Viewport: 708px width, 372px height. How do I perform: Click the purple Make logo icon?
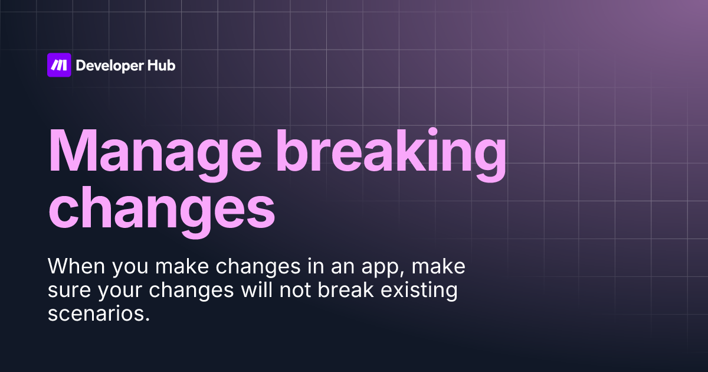[59, 65]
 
